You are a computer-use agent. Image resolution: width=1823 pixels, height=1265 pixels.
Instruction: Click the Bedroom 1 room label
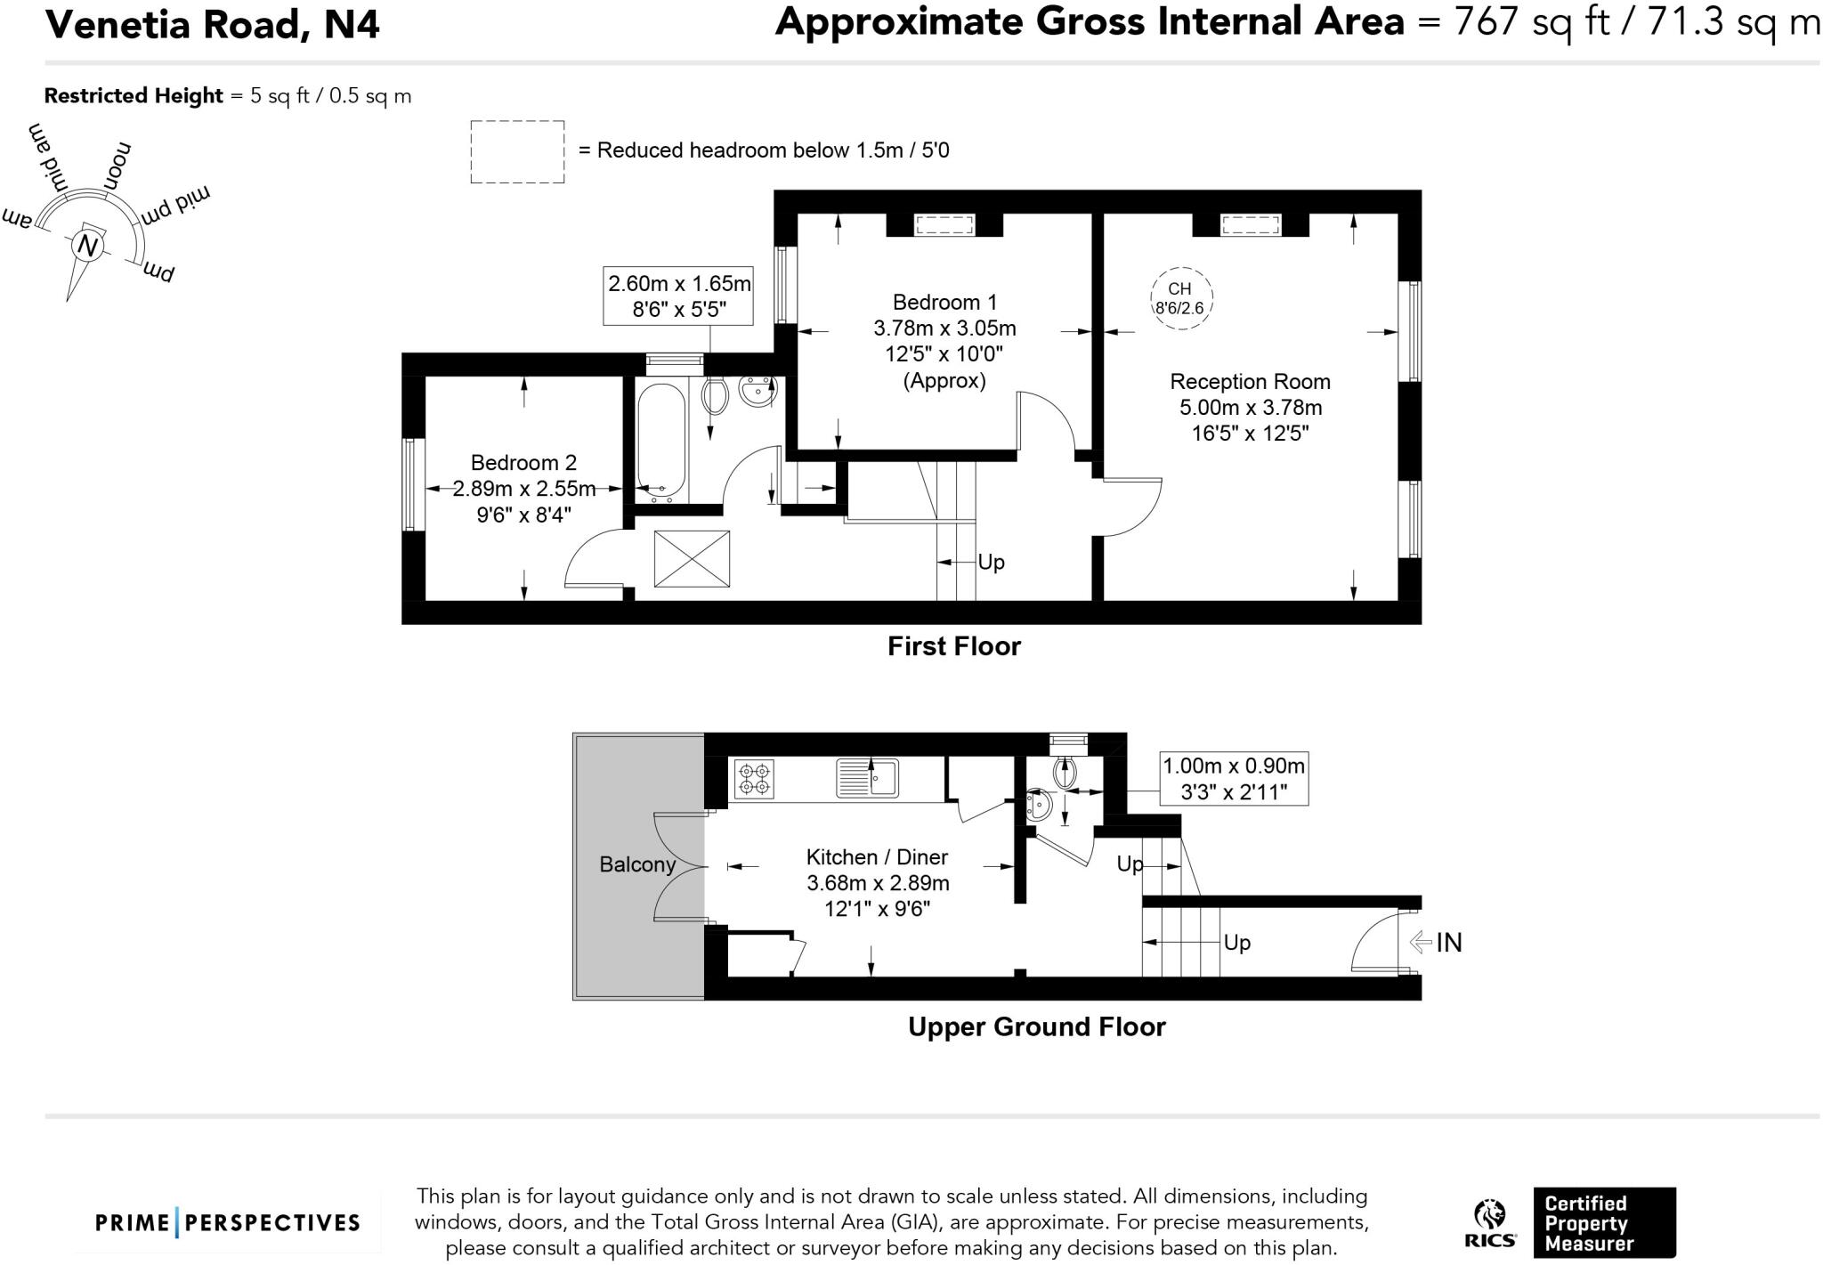click(x=944, y=302)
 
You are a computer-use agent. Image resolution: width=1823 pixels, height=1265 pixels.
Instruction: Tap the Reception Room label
click(x=1250, y=382)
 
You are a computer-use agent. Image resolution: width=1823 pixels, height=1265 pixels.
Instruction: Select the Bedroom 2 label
click(x=523, y=463)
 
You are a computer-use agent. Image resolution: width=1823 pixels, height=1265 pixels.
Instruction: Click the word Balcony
click(x=637, y=864)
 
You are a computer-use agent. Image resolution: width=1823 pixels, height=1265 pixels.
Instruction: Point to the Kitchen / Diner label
click(x=877, y=857)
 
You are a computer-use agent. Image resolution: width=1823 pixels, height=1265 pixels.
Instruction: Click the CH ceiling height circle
click(x=1180, y=298)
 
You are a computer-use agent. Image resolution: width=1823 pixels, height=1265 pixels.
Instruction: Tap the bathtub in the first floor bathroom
click(x=661, y=440)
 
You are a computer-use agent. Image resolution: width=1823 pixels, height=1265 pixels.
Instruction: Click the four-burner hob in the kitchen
click(x=754, y=779)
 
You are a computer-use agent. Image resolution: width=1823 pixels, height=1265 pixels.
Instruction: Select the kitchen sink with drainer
click(x=867, y=778)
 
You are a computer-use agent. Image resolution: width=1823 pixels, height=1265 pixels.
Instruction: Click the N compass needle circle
click(x=87, y=245)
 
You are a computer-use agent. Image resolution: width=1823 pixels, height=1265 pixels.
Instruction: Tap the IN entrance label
click(x=1448, y=942)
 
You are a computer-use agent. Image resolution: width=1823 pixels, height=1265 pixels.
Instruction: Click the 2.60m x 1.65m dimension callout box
click(x=678, y=296)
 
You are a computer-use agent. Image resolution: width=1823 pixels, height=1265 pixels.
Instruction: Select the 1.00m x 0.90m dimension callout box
click(x=1234, y=779)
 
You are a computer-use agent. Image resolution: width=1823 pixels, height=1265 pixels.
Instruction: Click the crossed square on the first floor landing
click(x=692, y=559)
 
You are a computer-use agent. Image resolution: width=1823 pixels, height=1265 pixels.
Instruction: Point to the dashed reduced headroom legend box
click(x=517, y=152)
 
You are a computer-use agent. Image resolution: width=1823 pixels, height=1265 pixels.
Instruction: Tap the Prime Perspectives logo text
click(x=228, y=1222)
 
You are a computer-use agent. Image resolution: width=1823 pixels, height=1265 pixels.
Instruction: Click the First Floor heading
click(x=953, y=646)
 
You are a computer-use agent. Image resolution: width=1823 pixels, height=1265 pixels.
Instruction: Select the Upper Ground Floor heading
click(x=1036, y=1026)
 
